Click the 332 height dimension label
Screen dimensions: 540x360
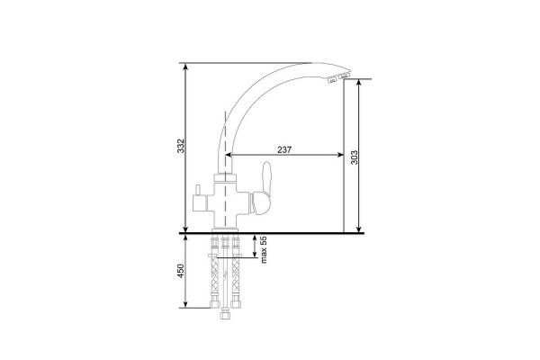(x=181, y=146)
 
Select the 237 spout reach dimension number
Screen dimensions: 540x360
(x=284, y=150)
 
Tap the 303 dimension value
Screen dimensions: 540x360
(x=355, y=157)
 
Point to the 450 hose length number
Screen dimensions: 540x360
(x=181, y=271)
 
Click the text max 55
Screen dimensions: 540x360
(x=264, y=250)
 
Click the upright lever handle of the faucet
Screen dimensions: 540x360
(x=267, y=178)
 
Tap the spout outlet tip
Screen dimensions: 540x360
(x=338, y=78)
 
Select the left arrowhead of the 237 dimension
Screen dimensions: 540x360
(x=229, y=155)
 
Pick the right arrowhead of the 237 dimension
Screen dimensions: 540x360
(x=340, y=155)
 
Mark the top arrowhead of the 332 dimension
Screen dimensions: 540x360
(x=185, y=67)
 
